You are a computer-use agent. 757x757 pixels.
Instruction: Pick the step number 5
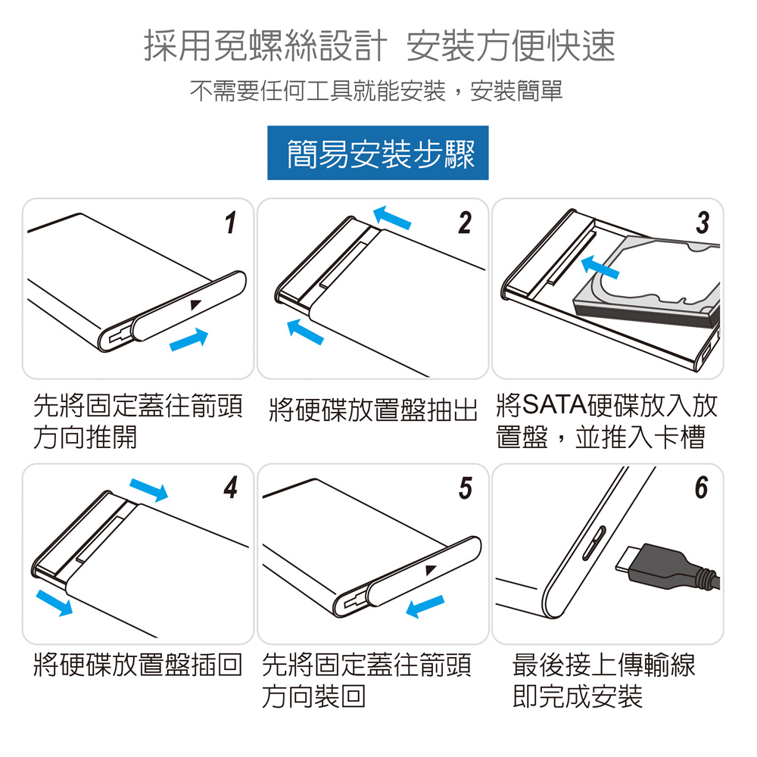466,488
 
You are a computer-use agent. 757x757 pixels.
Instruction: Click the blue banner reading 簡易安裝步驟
378,153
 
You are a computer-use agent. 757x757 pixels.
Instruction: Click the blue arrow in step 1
188,339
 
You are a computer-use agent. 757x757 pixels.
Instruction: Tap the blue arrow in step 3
600,267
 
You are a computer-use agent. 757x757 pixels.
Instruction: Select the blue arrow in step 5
425,606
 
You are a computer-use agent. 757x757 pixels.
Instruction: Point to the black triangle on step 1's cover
195,304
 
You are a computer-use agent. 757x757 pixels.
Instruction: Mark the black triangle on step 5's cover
431,570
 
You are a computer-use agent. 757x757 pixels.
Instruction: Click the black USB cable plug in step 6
666,567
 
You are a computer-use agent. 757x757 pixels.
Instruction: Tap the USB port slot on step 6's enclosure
594,543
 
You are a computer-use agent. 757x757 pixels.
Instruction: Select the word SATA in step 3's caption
554,404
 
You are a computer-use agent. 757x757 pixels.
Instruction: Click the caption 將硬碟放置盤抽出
372,410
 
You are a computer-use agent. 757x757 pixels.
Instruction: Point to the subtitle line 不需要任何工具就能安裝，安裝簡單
376,91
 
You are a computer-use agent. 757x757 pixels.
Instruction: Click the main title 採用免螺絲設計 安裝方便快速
379,45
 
